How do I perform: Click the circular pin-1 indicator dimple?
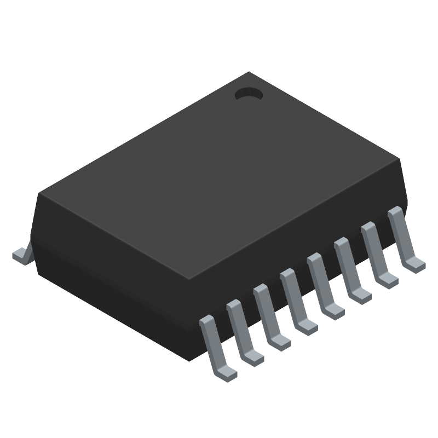[249, 95]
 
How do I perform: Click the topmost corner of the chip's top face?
[249, 72]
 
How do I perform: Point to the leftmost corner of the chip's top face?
[38, 193]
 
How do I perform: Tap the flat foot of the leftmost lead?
[226, 372]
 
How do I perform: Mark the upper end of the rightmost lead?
[394, 212]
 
